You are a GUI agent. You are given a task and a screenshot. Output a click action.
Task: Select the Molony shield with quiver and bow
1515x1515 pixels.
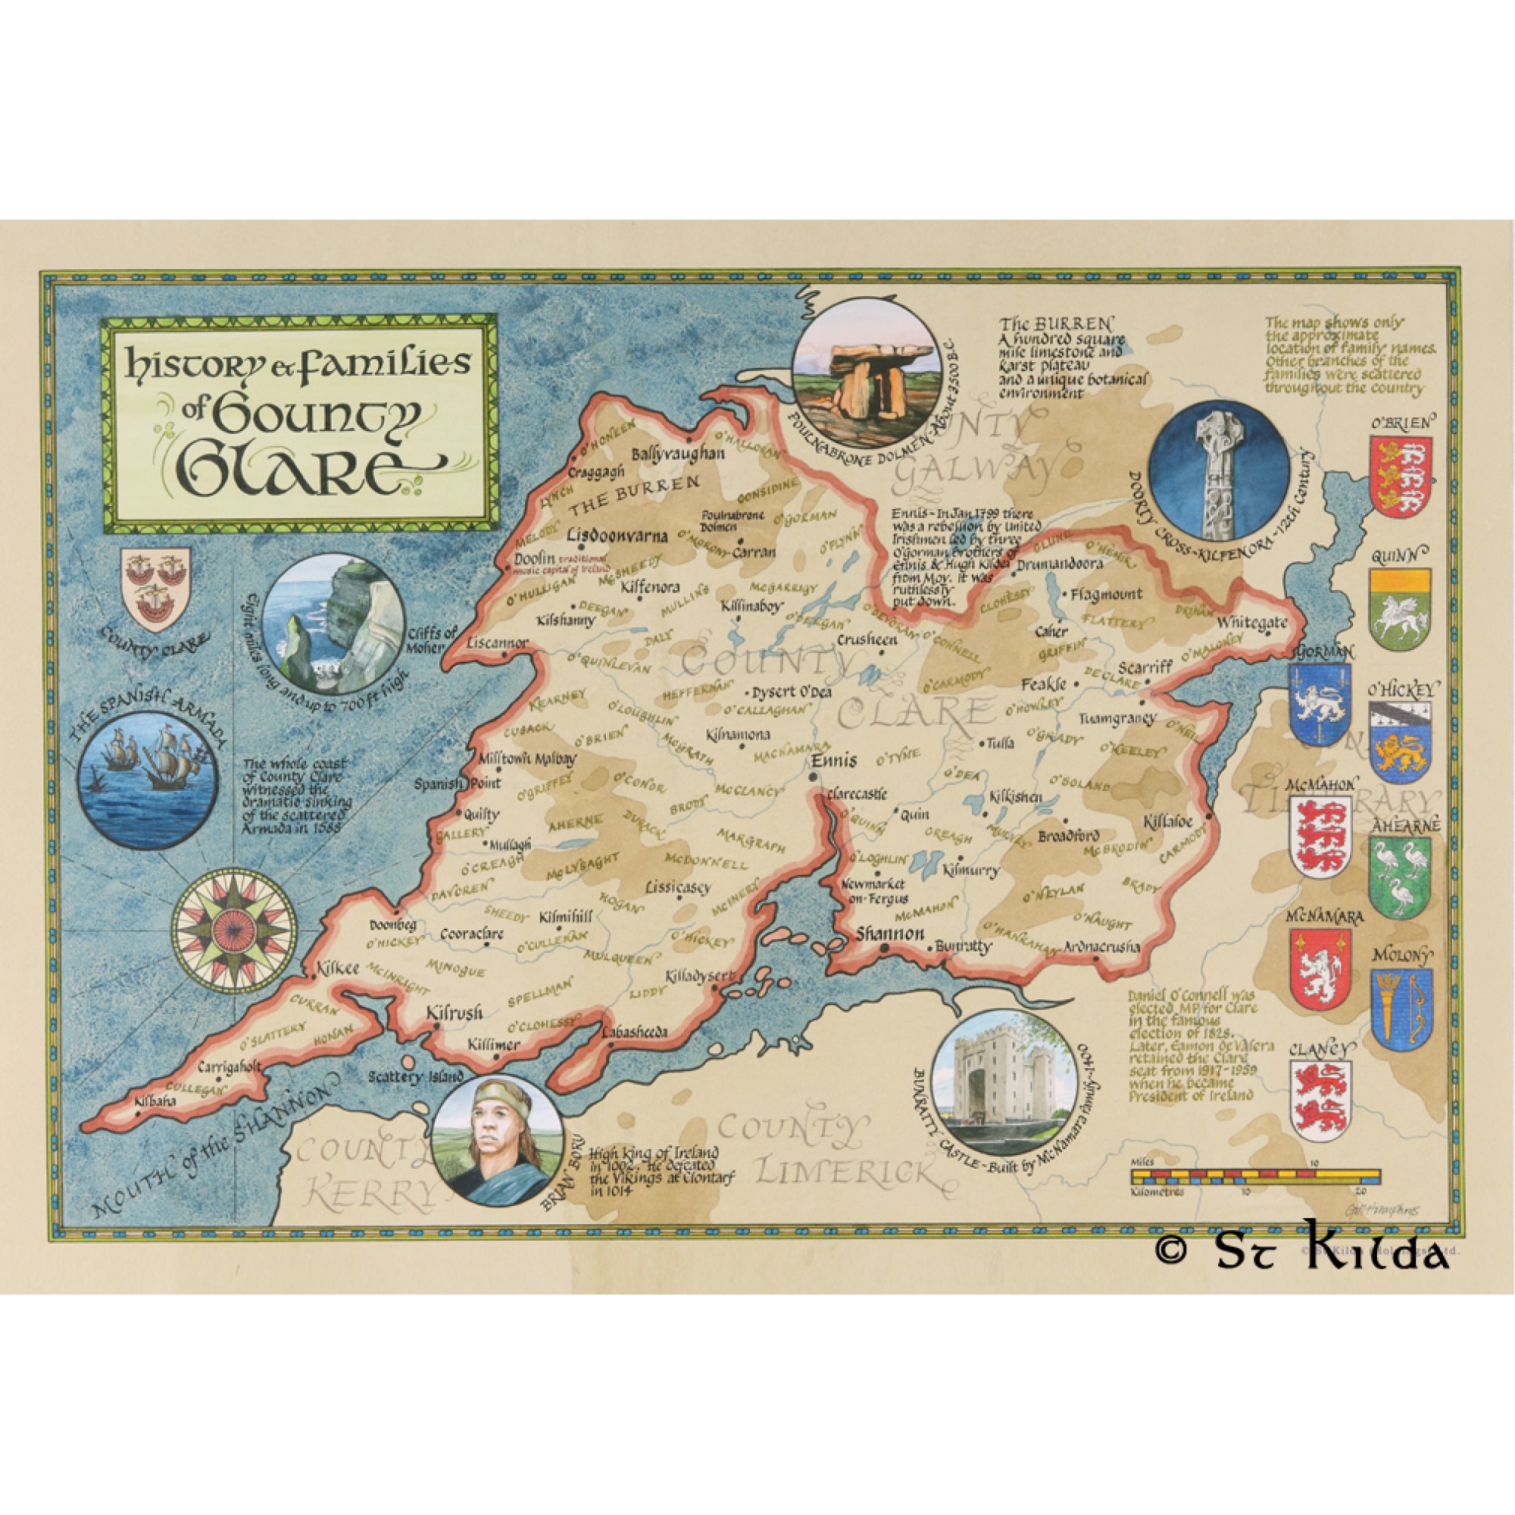pos(1401,1009)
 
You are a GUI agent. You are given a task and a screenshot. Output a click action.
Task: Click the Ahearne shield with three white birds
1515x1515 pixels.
pos(1401,876)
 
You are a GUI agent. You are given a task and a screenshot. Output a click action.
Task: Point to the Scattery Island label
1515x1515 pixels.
pos(416,1077)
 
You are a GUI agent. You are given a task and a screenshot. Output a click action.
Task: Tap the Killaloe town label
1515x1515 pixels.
pos(1167,822)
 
